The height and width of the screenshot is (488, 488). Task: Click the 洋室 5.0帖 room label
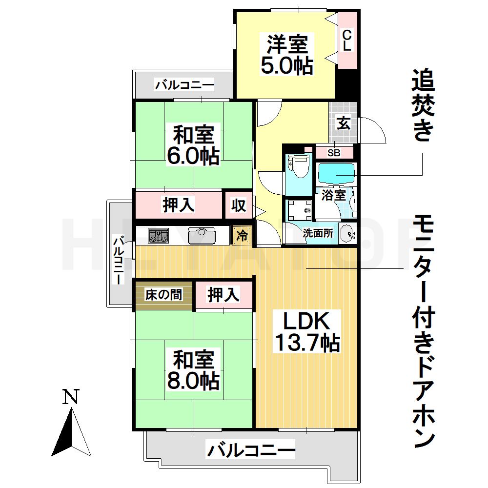pos(286,55)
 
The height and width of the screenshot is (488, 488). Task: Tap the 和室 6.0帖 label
pos(193,144)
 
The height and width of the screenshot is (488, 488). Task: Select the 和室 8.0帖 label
pos(193,370)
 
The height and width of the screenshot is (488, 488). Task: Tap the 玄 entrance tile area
pos(343,122)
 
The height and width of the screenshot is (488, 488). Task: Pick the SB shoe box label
pos(334,152)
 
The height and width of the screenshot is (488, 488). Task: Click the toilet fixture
pos(298,166)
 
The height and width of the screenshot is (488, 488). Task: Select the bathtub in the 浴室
pos(336,174)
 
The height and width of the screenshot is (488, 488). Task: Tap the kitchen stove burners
pos(159,235)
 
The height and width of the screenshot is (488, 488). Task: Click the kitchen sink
pos(202,236)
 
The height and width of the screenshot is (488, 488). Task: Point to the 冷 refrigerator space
pos(242,235)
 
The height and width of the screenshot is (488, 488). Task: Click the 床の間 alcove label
pos(163,295)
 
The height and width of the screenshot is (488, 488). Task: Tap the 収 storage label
pos(239,205)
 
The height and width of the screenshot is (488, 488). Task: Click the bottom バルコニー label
pos(250,449)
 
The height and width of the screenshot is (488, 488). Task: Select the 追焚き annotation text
pos(423,105)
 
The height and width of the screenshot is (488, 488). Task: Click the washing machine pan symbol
pos(300,210)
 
